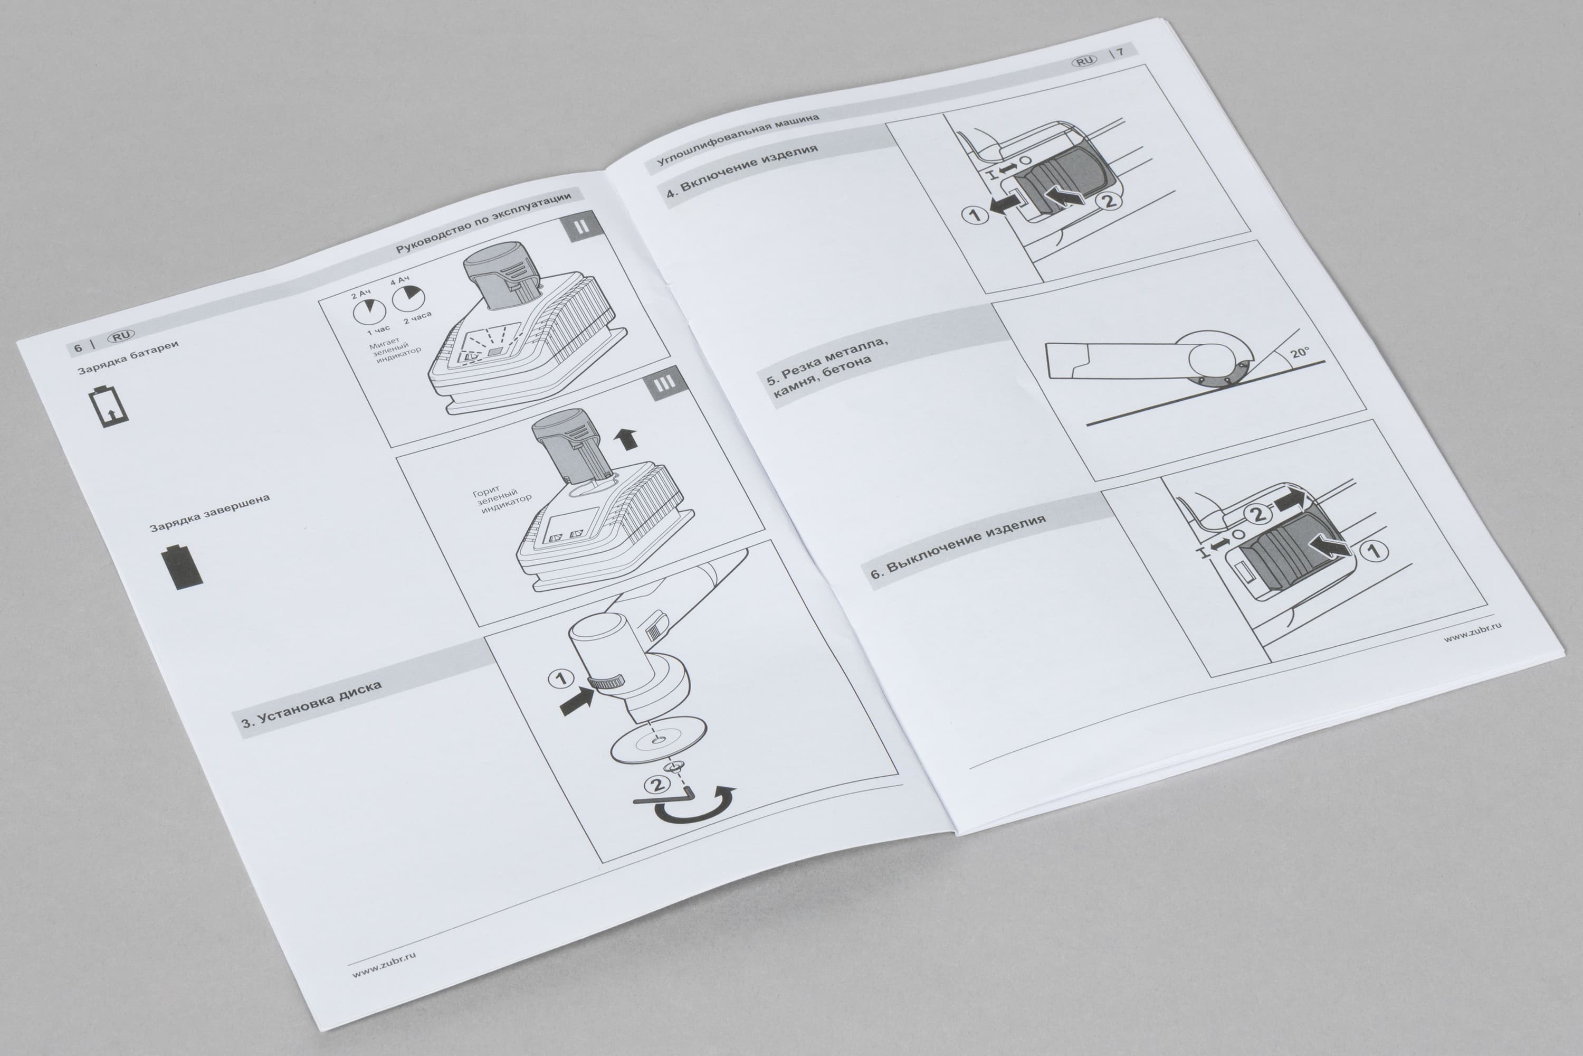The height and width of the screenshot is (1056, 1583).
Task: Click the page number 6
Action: click(x=78, y=347)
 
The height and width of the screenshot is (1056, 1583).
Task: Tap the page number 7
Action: click(x=1121, y=51)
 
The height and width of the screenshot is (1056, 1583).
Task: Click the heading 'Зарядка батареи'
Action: click(x=128, y=357)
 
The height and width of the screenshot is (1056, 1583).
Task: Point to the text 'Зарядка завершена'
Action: click(x=209, y=513)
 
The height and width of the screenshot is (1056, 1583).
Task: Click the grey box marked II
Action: click(x=582, y=227)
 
